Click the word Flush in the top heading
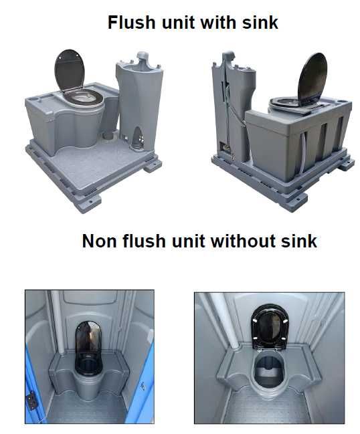click(132, 22)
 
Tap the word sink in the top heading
click(260, 22)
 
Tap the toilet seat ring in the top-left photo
click(84, 96)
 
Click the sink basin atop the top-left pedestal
click(139, 66)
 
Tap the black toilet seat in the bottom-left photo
click(88, 365)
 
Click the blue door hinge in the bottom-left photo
click(31, 401)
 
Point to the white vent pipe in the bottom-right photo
click(227, 320)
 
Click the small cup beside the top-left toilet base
click(109, 135)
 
